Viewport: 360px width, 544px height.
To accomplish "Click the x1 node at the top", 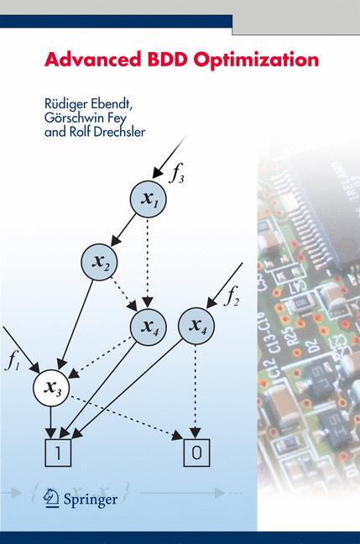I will pyautogui.click(x=149, y=199).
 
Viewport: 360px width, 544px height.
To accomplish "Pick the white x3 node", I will pyautogui.click(x=53, y=386).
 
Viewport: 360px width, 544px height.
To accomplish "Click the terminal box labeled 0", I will pyautogui.click(x=196, y=452).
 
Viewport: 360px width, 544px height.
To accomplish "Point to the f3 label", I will pyautogui.click(x=178, y=175).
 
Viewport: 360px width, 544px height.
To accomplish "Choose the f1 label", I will pyautogui.click(x=12, y=362).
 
